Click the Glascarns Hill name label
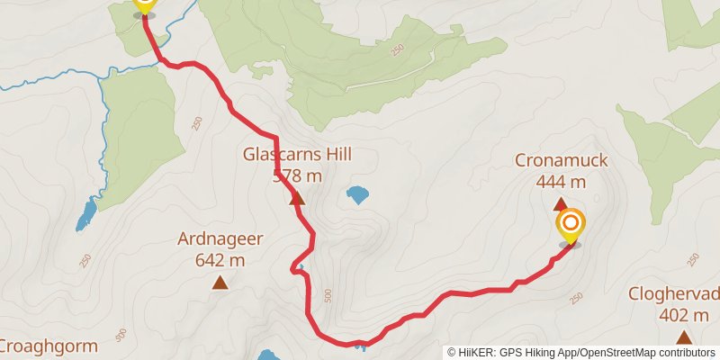tap(296, 154)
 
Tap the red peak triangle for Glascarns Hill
tap(296, 198)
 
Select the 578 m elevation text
tap(297, 175)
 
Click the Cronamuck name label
tap(561, 161)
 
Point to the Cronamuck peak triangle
tap(560, 204)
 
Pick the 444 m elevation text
tap(561, 182)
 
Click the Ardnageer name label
tap(220, 239)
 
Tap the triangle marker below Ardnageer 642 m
tap(220, 283)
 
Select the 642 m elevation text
tap(220, 260)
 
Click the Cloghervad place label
tap(675, 294)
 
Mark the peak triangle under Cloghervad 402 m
tap(684, 337)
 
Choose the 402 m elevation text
tap(684, 315)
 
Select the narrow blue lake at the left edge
tap(86, 214)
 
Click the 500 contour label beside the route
tap(328, 295)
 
